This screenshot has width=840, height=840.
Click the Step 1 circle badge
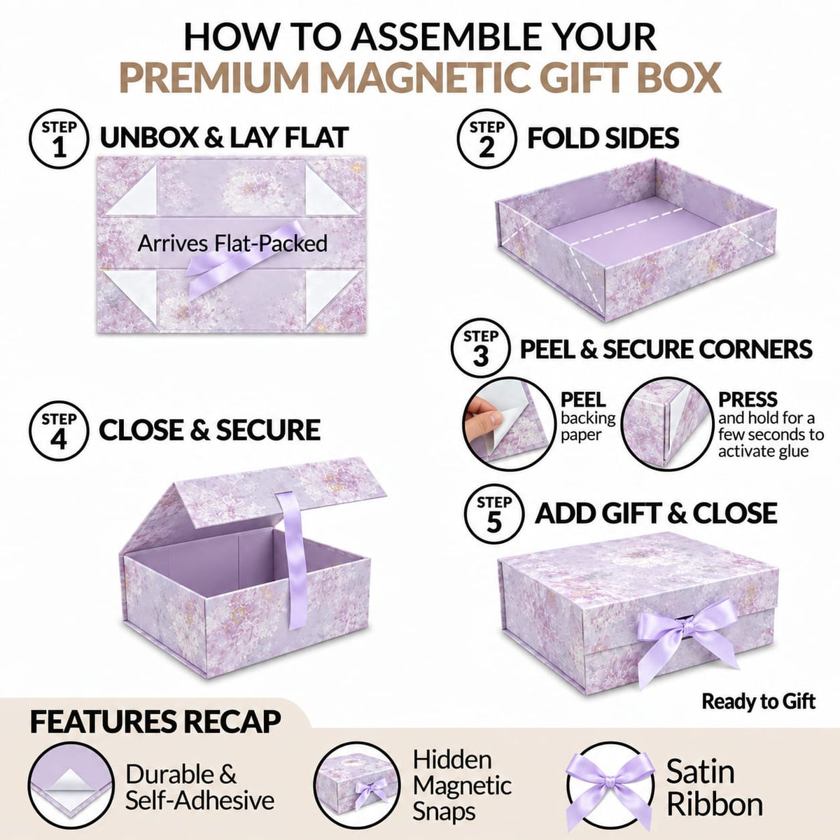point(59,139)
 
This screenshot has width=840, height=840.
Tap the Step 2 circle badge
point(487,139)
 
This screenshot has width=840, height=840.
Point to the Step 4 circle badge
point(59,431)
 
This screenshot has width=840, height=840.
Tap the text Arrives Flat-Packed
point(232,243)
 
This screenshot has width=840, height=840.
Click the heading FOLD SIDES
point(603,138)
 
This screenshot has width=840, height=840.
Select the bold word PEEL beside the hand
point(583,399)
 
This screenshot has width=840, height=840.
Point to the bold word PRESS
point(748,399)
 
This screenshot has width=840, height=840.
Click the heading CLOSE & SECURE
point(210,430)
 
